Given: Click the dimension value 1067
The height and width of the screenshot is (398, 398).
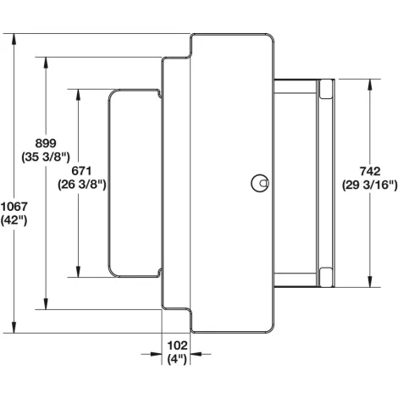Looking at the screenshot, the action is click(14, 207).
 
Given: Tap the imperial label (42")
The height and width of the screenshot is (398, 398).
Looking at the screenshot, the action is click(14, 220).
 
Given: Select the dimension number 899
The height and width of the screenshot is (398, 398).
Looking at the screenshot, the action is click(46, 143).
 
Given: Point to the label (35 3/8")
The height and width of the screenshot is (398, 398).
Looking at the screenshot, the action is click(46, 157).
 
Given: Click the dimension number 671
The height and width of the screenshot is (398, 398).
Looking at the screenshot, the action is click(81, 171).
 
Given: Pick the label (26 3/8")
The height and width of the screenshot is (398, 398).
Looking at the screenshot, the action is click(82, 185).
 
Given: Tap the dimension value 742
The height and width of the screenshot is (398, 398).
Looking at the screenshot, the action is click(370, 171).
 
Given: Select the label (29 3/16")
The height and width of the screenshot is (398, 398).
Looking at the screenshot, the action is click(370, 185).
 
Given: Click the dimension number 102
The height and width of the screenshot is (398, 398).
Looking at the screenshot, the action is click(177, 345).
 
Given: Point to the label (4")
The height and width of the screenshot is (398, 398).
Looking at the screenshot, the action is click(177, 359).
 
